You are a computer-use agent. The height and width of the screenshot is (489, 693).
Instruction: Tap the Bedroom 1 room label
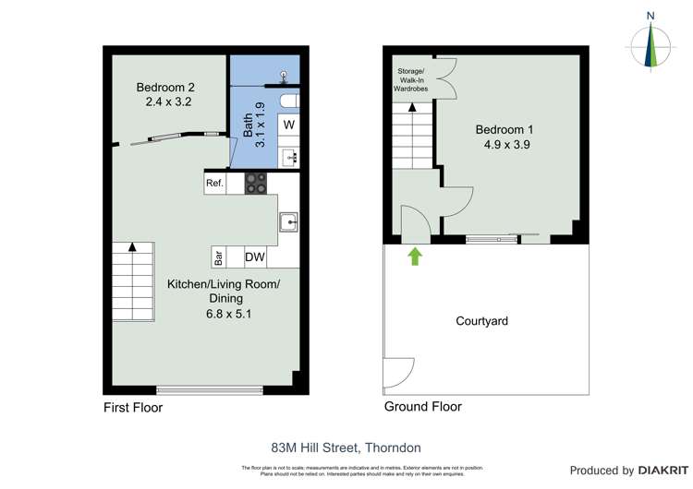point(505,130)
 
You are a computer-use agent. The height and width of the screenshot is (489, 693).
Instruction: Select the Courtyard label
point(482,321)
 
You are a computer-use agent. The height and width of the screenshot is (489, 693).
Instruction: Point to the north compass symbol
point(653,44)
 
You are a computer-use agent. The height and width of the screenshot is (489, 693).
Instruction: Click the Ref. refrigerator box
point(215,184)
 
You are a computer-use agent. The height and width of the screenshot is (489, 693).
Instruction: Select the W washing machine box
point(288,125)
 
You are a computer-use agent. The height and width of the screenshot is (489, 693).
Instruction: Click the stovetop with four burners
point(256,184)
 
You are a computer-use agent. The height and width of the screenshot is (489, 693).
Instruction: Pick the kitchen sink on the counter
point(290,221)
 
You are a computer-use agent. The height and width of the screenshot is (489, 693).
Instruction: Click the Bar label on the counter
point(219,257)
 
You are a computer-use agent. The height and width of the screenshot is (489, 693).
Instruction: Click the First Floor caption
point(132,407)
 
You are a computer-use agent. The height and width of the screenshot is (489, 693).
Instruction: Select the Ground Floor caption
point(422,407)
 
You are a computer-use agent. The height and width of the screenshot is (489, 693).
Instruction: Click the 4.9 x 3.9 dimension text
point(505,145)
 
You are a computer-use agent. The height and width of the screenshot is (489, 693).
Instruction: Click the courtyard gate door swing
point(398,373)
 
